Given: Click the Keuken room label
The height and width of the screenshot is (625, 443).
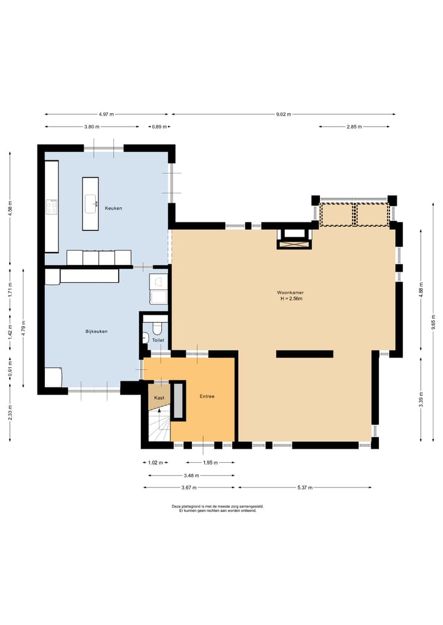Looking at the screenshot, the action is (x=113, y=208).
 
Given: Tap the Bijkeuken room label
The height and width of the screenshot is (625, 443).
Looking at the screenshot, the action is (x=96, y=331).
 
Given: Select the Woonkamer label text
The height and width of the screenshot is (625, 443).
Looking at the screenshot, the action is (x=290, y=293).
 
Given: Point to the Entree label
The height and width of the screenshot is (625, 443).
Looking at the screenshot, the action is (x=207, y=396).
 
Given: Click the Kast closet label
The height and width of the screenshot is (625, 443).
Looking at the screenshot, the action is (x=159, y=398).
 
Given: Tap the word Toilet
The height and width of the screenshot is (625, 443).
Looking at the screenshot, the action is (x=158, y=340).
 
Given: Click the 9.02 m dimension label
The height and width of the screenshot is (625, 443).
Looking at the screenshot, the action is (x=284, y=114).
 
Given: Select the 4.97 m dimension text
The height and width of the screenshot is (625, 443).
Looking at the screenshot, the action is (x=106, y=114).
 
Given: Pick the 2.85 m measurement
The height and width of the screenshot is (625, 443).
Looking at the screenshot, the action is (x=354, y=127).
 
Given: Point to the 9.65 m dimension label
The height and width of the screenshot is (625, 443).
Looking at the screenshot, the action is (x=433, y=321).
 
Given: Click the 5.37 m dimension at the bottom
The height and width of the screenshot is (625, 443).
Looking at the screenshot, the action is (x=305, y=487).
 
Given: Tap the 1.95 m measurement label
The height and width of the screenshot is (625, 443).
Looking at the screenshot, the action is (x=210, y=463).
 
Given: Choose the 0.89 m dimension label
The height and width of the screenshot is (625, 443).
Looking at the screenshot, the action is (x=159, y=127).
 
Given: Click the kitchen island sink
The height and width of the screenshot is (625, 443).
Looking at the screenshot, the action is (x=90, y=203).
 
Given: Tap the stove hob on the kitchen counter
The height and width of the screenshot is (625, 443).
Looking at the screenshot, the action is (x=52, y=207).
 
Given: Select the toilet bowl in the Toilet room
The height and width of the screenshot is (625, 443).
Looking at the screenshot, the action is (x=156, y=328).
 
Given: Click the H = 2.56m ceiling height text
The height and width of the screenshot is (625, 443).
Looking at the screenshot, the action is (x=290, y=299).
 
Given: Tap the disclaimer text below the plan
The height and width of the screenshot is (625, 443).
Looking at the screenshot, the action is (x=218, y=508).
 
